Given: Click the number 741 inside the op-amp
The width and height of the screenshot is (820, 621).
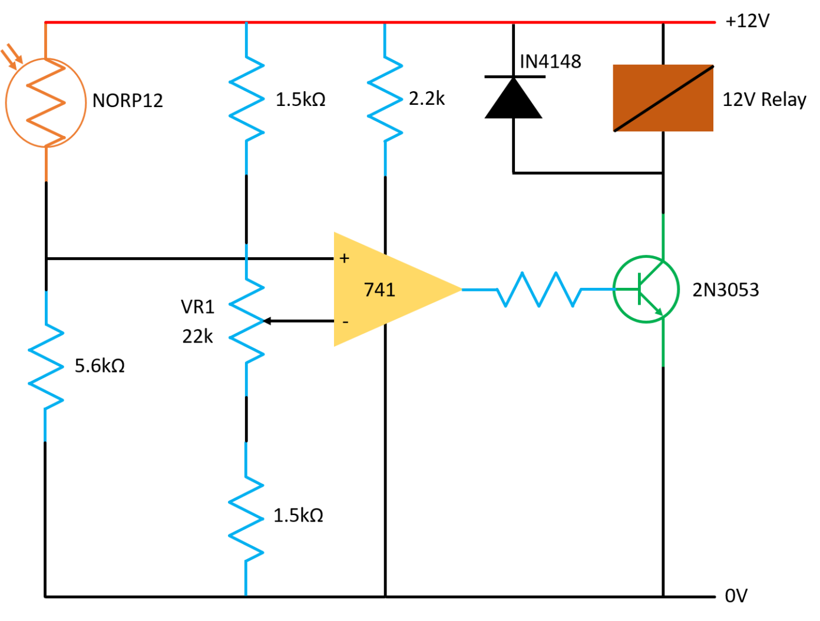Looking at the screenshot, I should (x=379, y=290).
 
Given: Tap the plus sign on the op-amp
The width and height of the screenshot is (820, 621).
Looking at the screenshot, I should (x=345, y=258).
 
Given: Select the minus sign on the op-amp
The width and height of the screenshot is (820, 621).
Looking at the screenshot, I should (x=345, y=322).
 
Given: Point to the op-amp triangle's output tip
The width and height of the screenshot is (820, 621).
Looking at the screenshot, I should (x=460, y=289).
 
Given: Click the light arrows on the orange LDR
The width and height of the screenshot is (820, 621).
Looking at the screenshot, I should (x=12, y=57).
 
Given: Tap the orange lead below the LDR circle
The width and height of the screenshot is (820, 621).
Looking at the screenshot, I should (x=46, y=165).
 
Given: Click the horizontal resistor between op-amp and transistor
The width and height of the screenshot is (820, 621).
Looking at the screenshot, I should (x=539, y=289).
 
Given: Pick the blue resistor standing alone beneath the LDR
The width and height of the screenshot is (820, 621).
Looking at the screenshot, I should (x=46, y=366).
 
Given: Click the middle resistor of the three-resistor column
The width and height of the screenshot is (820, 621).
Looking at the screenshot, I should (x=246, y=321).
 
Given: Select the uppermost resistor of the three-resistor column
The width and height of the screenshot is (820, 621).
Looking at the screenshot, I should (x=246, y=99).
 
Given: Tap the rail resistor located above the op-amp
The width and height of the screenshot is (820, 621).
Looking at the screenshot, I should (x=385, y=99).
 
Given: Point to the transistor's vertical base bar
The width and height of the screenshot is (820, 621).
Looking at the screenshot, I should (x=640, y=289).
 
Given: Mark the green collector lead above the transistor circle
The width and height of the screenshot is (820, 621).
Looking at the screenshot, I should (x=663, y=235).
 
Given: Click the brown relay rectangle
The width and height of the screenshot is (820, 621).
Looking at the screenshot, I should (x=636, y=82).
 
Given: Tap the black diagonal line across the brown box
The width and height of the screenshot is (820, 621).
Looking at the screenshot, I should (x=663, y=98).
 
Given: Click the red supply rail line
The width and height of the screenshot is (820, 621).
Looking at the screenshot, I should (x=471, y=22).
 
